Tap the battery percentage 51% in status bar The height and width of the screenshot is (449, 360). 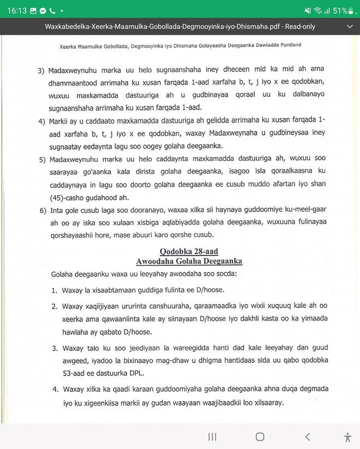(x=341, y=10)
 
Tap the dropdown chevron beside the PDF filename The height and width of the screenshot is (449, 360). (x=349, y=26)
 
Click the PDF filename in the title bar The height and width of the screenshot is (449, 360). (x=180, y=26)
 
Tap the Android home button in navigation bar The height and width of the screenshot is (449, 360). (x=260, y=436)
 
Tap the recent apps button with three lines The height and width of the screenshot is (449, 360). (x=213, y=436)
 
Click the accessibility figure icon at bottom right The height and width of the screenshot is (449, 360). (x=347, y=436)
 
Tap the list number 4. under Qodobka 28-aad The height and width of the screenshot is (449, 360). (x=55, y=391)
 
